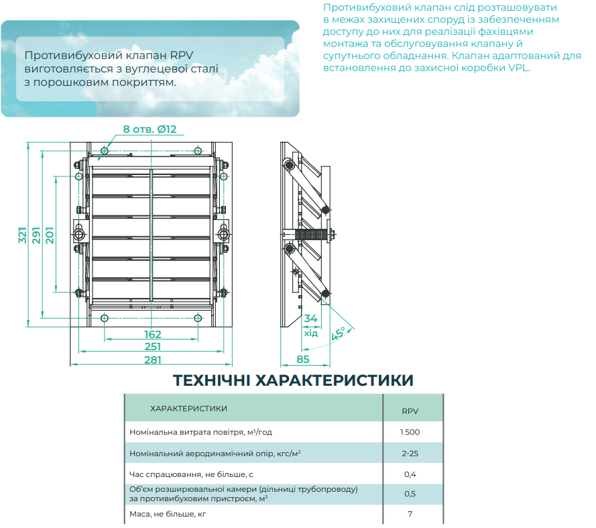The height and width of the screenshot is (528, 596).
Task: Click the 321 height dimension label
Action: [23, 235]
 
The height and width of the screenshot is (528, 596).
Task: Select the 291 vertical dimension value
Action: [36, 235]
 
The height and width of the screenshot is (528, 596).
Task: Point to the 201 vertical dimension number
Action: [50, 235]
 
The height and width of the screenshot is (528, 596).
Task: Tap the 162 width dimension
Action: [153, 334]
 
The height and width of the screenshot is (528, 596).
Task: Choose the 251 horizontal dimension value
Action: [153, 347]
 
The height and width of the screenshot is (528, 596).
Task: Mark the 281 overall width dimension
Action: [153, 360]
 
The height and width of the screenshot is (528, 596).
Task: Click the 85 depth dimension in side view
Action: [303, 359]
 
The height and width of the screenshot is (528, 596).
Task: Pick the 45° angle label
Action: [338, 333]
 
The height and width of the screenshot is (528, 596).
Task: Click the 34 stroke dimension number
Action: [310, 319]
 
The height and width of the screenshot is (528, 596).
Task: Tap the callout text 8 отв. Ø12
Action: [150, 129]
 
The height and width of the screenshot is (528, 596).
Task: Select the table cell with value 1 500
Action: [410, 432]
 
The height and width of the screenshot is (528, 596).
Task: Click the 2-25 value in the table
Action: [410, 454]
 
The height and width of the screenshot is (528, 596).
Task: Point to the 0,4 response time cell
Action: [410, 474]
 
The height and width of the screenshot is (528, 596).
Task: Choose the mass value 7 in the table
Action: [410, 514]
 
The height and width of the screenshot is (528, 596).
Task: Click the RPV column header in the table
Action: [410, 411]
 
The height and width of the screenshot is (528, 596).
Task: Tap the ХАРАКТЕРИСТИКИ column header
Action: [188, 409]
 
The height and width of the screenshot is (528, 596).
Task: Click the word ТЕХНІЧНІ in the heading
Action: [211, 380]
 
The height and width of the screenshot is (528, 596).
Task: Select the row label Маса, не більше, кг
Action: [168, 515]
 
